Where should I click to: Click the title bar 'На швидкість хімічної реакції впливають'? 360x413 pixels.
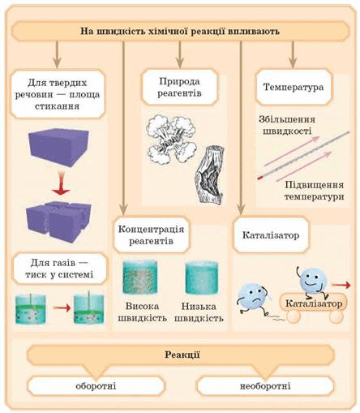180,31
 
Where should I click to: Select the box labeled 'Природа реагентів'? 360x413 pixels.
180,87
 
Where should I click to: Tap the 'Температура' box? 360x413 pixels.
294,87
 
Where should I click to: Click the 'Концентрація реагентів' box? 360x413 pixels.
151,234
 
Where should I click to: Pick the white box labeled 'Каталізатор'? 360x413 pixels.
271,234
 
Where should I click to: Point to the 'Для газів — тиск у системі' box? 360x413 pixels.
59,269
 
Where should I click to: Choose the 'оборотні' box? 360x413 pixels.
96,385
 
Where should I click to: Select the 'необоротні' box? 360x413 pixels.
265,385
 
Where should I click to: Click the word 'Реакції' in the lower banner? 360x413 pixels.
182,355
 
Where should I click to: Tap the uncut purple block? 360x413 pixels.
59,147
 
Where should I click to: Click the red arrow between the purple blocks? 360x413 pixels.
62,184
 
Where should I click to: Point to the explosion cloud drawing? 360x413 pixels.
171,138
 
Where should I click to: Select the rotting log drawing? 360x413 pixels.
210,174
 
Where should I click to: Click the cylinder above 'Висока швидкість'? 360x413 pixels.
140,277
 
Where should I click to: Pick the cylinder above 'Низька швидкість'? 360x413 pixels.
202,277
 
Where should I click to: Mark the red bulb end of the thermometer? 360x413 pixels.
259,178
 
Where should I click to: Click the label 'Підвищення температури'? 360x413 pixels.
314,191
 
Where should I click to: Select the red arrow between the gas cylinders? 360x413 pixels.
62,308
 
